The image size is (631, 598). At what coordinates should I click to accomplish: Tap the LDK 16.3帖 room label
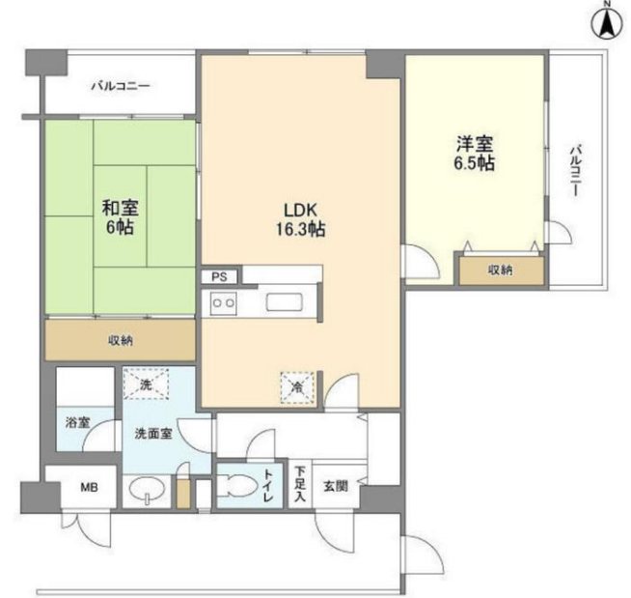(301, 219)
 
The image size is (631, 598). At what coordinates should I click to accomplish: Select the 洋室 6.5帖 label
(475, 154)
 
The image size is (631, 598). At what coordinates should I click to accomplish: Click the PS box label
(220, 276)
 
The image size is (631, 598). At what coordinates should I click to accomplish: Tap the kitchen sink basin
(287, 301)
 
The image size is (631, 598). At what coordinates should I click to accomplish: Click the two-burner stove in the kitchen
(224, 303)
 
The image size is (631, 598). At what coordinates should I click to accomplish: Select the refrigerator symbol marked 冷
(296, 386)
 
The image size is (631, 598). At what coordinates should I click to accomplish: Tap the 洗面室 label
(152, 434)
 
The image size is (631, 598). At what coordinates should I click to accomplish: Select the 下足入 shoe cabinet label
(300, 486)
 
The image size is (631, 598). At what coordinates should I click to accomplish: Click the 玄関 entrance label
(335, 486)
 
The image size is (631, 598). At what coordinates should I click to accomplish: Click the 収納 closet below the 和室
(120, 340)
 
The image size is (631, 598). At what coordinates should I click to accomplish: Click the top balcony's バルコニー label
(120, 87)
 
